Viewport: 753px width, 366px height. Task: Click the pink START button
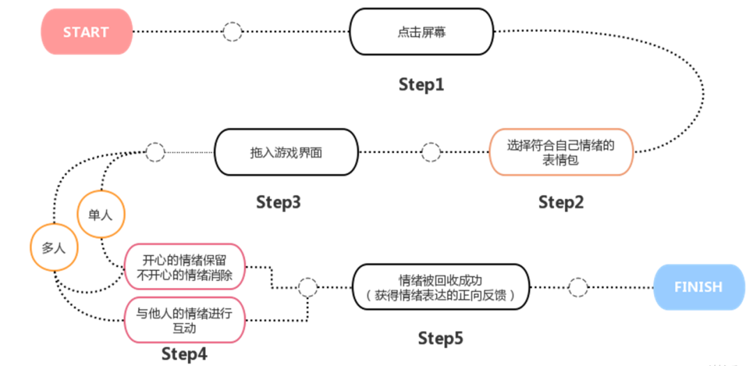pyautogui.click(x=86, y=31)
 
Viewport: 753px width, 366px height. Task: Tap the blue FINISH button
pyautogui.click(x=698, y=287)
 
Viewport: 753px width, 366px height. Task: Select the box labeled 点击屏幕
pyautogui.click(x=420, y=31)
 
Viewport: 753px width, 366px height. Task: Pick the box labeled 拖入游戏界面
pyautogui.click(x=285, y=152)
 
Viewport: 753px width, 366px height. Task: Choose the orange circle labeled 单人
pyautogui.click(x=102, y=215)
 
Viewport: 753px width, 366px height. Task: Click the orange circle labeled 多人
pyautogui.click(x=53, y=247)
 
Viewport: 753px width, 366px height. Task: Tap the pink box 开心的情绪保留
pyautogui.click(x=184, y=266)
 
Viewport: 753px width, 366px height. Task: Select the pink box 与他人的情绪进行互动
pyautogui.click(x=184, y=320)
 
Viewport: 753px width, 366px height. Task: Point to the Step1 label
pyautogui.click(x=421, y=85)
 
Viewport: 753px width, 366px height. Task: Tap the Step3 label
pyautogui.click(x=278, y=203)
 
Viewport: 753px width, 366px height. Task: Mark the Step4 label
pyautogui.click(x=184, y=353)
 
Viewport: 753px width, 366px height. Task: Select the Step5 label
pyautogui.click(x=441, y=339)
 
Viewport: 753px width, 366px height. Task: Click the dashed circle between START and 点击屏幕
pyautogui.click(x=232, y=31)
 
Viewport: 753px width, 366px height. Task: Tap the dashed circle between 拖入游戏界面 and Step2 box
pyautogui.click(x=432, y=152)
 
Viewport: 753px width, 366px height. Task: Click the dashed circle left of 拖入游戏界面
pyautogui.click(x=155, y=152)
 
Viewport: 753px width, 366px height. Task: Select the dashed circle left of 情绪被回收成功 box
pyautogui.click(x=307, y=287)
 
